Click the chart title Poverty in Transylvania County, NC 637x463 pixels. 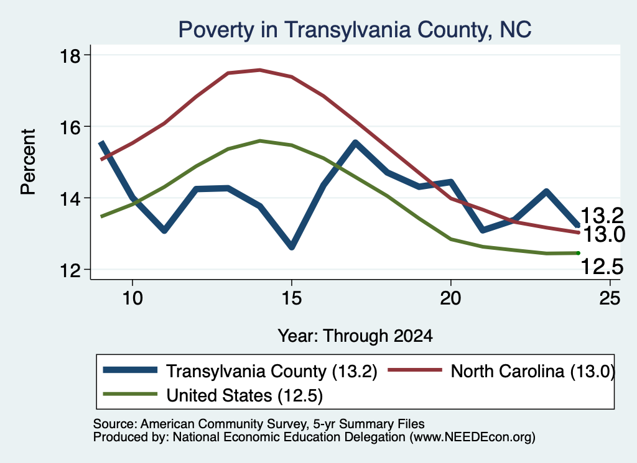[x=355, y=30]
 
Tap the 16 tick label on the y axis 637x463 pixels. [x=70, y=127]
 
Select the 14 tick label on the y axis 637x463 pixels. [x=70, y=198]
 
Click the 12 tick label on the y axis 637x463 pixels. [x=70, y=270]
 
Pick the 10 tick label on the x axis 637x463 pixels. [x=133, y=298]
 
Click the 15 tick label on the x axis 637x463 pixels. [x=292, y=298]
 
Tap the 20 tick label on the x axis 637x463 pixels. [x=450, y=298]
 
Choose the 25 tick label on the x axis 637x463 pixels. [x=610, y=298]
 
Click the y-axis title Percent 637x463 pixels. [x=29, y=162]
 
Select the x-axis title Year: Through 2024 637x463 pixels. [x=355, y=336]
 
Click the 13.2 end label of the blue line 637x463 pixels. [x=602, y=216]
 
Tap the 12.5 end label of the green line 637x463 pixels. [x=602, y=267]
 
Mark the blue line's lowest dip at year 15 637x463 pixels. [x=291, y=246]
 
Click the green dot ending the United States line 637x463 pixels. [x=578, y=253]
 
